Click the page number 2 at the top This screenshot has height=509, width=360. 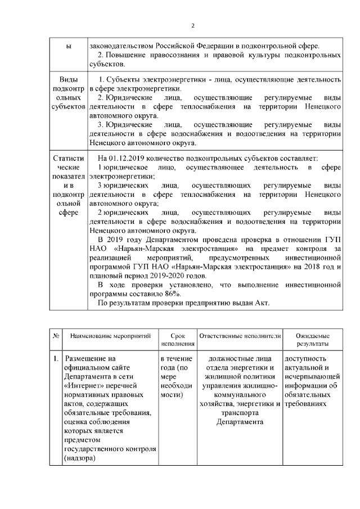click(x=193, y=25)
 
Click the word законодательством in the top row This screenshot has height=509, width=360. click(x=121, y=45)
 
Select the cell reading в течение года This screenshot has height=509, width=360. click(x=177, y=363)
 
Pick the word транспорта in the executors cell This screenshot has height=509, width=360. click(x=240, y=412)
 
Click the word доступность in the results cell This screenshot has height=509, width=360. click(x=305, y=358)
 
